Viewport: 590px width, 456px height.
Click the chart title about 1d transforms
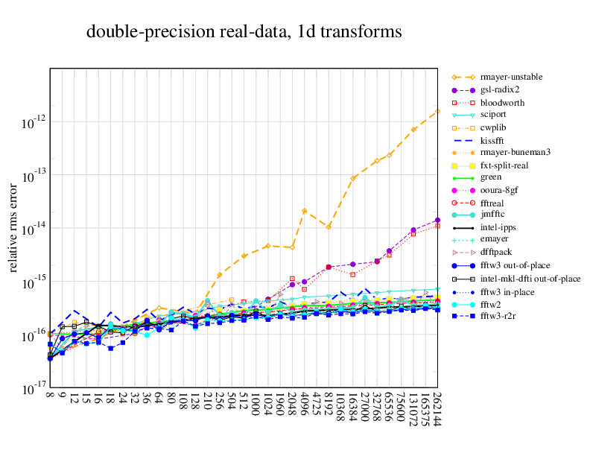click(x=244, y=32)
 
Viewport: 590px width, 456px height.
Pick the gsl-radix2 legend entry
click(x=500, y=89)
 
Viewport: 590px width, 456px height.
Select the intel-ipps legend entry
click(x=498, y=228)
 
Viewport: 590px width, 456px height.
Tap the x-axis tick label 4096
click(x=304, y=405)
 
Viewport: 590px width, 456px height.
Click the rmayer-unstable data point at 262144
click(x=437, y=112)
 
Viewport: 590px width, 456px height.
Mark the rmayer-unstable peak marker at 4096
click(x=304, y=211)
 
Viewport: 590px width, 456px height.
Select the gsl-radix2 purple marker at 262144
click(x=437, y=220)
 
